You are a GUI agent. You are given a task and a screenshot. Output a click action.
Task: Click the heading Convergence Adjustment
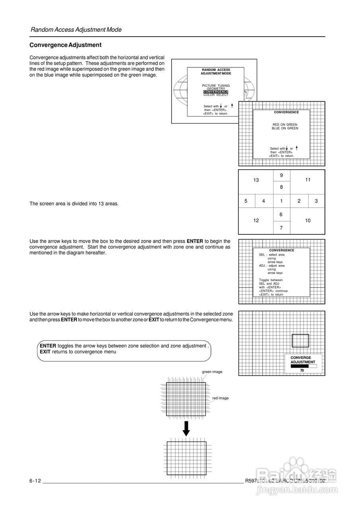65,45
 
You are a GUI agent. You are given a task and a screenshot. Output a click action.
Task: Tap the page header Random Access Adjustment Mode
76,29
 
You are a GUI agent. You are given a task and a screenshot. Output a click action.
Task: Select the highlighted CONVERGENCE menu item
215,92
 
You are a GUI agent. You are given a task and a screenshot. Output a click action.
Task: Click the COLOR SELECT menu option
216,95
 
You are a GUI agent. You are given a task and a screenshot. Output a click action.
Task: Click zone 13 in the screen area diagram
256,180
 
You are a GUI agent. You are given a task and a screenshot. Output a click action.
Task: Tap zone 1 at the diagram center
281,201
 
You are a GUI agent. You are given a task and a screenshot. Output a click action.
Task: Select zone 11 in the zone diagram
308,180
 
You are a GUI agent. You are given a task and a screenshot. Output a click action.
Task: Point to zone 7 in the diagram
281,228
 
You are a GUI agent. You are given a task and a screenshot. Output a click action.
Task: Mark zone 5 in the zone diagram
246,201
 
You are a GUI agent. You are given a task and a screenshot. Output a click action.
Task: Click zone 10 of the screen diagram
308,220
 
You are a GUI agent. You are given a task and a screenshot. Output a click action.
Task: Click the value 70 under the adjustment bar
302,371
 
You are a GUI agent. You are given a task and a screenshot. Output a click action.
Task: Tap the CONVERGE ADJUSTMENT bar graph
303,366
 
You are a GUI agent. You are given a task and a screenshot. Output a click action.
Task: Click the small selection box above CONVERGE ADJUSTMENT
300,341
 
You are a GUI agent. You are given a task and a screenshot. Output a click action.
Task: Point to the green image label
212,372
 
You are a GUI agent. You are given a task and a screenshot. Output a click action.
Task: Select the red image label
220,398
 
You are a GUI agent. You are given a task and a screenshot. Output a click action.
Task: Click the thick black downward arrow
186,428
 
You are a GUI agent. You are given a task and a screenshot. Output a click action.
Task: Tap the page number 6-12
35,481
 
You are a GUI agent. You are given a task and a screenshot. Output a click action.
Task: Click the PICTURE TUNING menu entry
216,86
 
